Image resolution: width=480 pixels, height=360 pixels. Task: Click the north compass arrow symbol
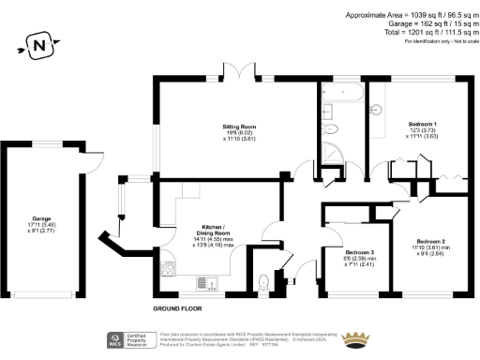[38, 43]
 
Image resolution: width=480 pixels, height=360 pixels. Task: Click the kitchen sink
[205, 281]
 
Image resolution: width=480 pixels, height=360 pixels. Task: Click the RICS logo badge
[117, 339]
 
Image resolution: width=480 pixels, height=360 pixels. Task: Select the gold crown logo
[355, 338]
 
